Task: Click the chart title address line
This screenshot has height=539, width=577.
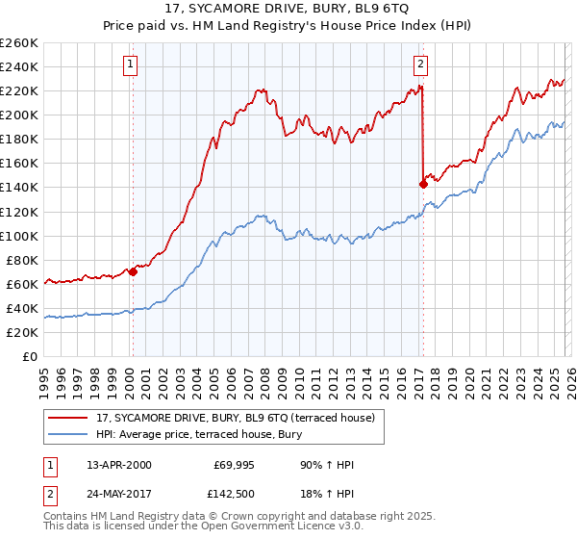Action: coord(288,11)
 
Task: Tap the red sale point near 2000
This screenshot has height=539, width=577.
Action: coord(133,271)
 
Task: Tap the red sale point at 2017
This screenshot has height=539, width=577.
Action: coord(423,184)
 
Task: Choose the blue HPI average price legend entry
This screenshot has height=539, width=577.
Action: coord(197,435)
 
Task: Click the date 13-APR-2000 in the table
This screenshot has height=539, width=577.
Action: coord(118,466)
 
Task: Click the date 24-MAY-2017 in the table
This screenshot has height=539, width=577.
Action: coord(119,493)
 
